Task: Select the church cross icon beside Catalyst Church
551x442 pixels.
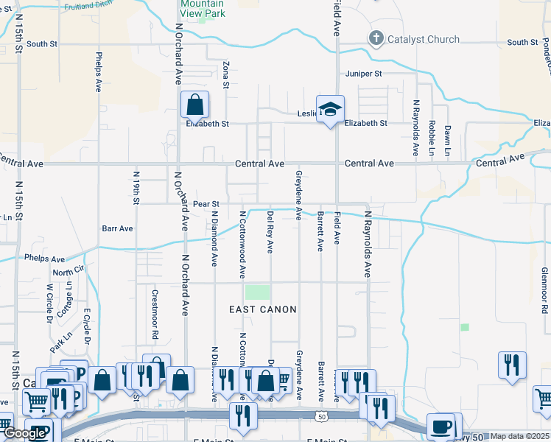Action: (376, 39)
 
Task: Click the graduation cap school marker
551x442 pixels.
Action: (331, 108)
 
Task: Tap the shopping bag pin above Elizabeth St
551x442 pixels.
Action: (194, 105)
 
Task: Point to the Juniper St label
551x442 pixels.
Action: (364, 74)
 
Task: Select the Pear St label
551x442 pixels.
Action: (206, 203)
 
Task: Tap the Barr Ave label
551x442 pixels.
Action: (118, 229)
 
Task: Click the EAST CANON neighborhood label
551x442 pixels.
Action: (263, 310)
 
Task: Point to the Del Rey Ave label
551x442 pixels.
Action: (270, 232)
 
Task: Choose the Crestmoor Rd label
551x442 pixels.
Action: (155, 314)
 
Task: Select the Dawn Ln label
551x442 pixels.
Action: (447, 139)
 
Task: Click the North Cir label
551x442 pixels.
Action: (63, 273)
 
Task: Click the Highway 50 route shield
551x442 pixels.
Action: (322, 418)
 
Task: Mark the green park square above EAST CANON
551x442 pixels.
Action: (258, 292)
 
